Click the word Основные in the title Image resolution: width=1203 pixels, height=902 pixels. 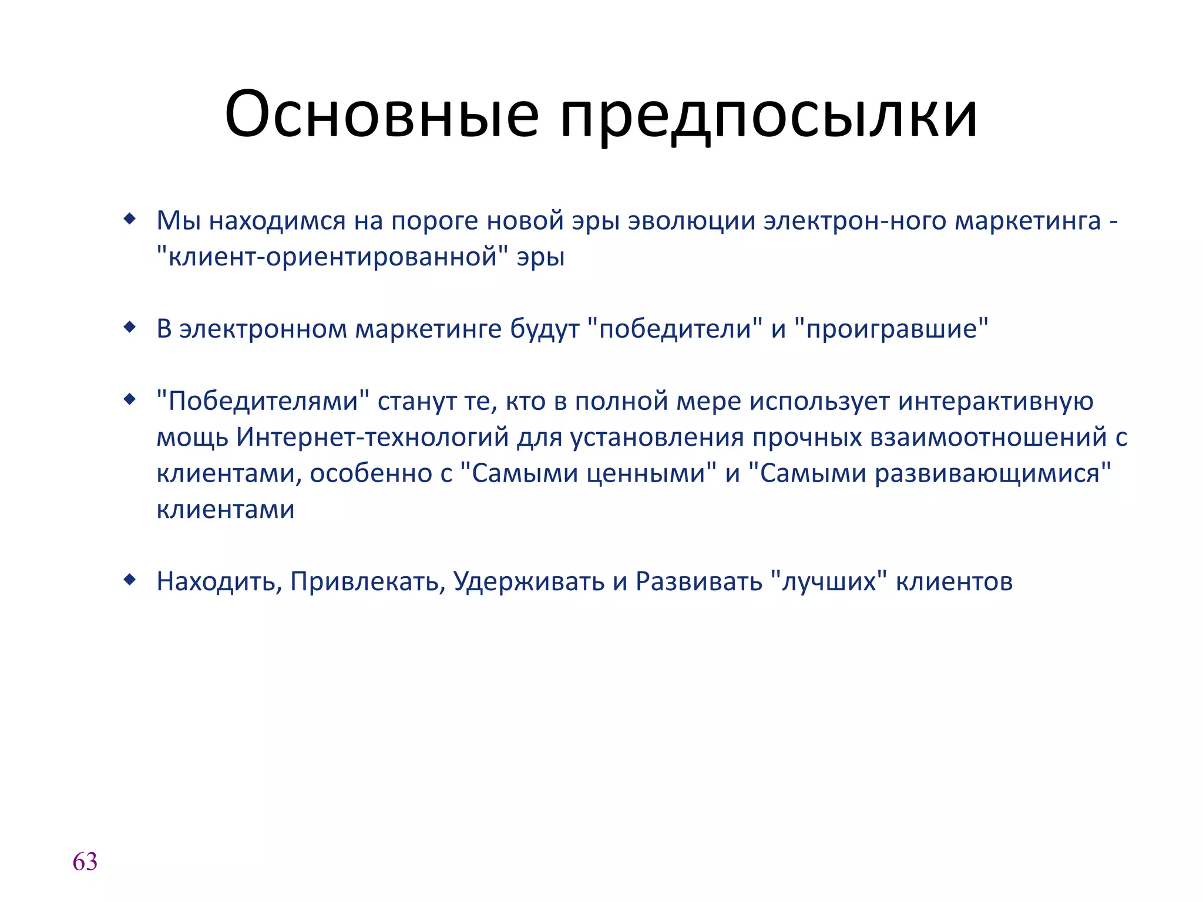tap(381, 114)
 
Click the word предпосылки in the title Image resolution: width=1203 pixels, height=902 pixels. tap(769, 115)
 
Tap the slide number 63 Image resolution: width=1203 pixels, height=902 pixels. tap(85, 862)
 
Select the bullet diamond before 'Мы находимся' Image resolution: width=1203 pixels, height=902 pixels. tap(130, 220)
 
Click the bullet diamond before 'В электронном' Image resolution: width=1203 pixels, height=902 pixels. tap(130, 328)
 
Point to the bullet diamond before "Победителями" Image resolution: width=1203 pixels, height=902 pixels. tap(130, 400)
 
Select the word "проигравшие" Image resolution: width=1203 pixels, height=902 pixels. tap(891, 329)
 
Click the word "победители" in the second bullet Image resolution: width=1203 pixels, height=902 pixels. tap(675, 329)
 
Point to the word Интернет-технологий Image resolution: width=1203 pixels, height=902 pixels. tap(372, 438)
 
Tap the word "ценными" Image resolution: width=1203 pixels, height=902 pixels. tap(651, 474)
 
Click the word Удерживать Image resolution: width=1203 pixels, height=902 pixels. tap(529, 582)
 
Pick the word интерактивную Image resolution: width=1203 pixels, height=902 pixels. tap(996, 402)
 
